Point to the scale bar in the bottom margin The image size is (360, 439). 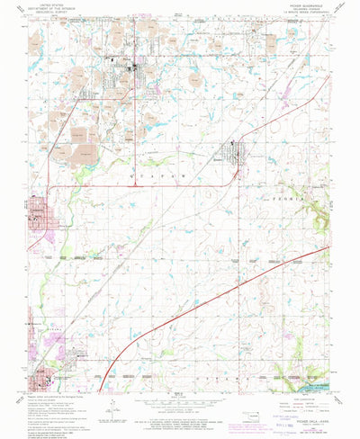click(180, 408)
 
